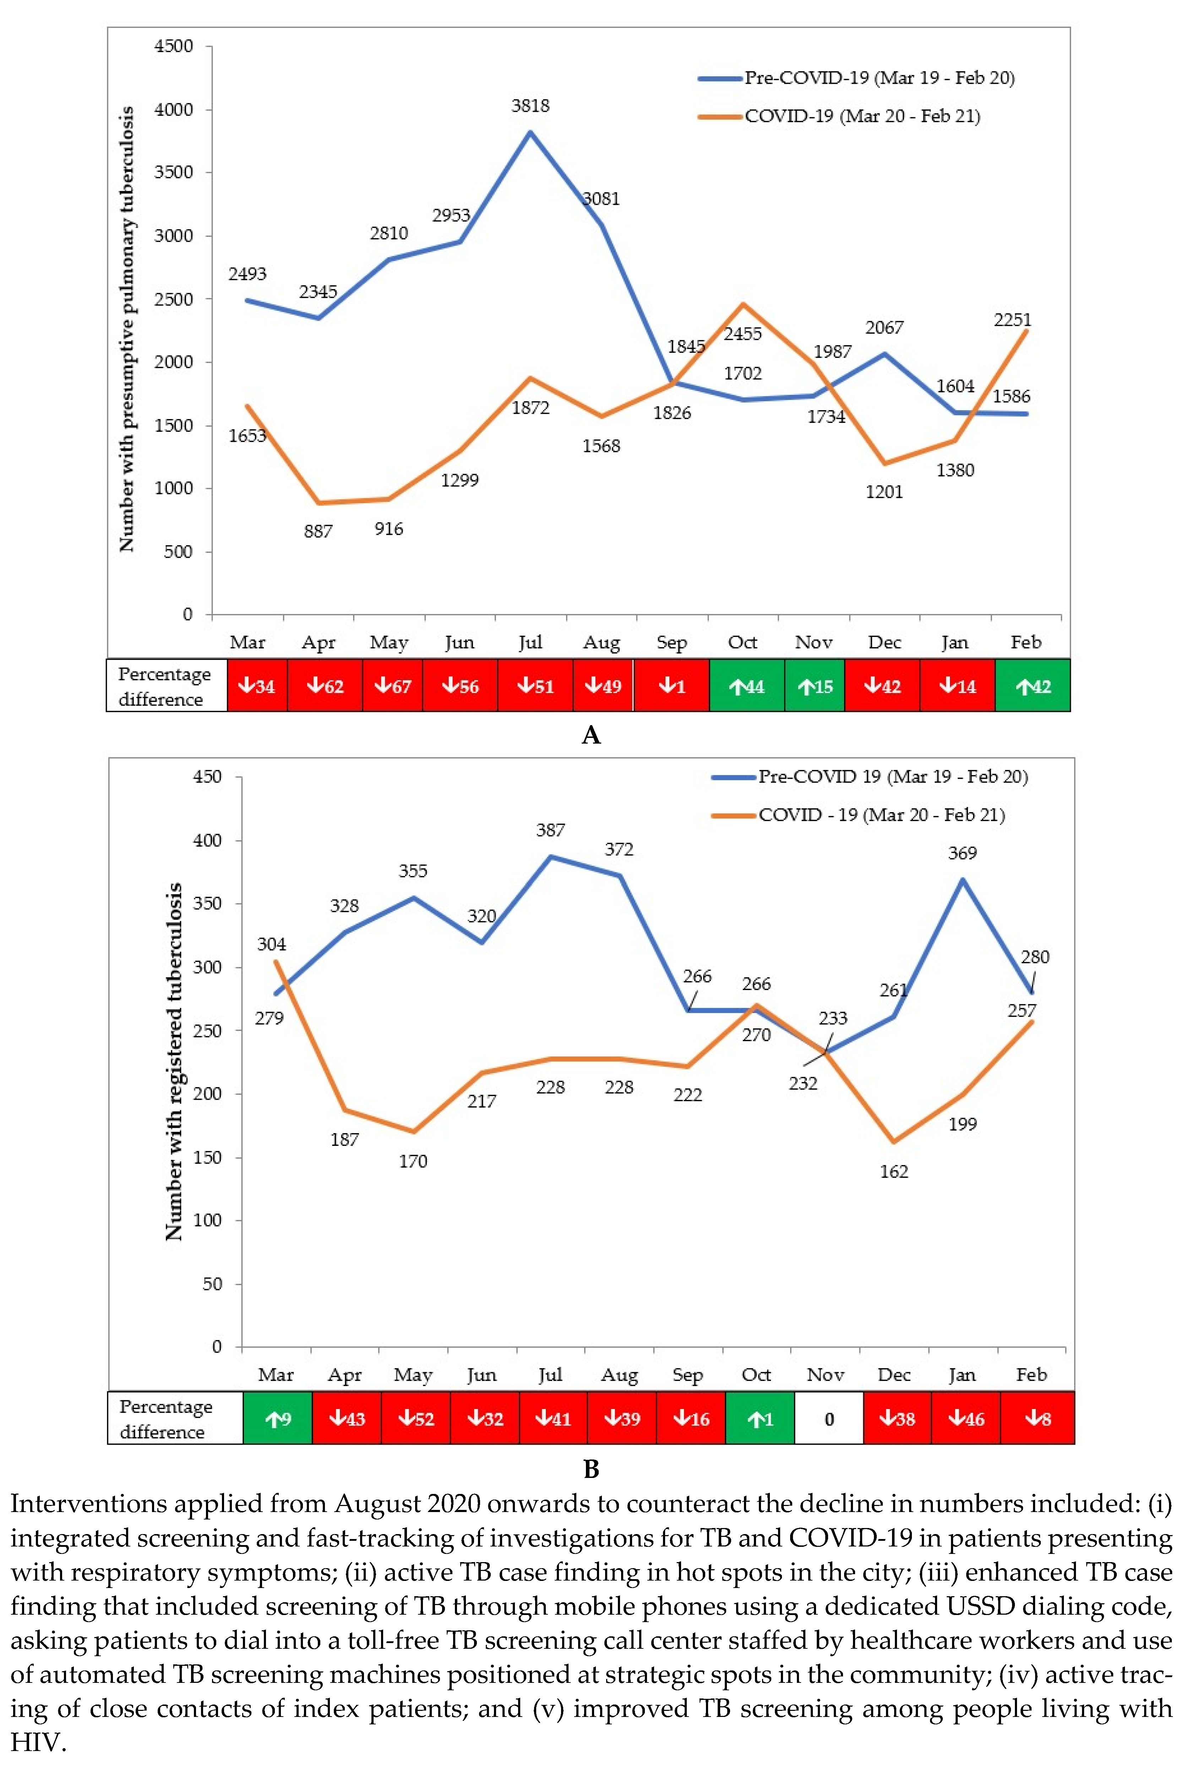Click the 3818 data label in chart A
coord(530,106)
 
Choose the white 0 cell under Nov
coord(829,1419)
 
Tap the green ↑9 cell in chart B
coord(278,1419)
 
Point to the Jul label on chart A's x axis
coord(530,642)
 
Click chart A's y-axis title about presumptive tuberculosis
coord(126,328)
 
